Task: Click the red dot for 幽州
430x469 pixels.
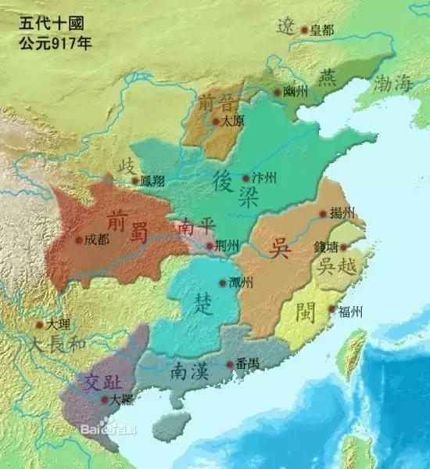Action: click(x=278, y=92)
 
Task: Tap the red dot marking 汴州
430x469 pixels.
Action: click(x=247, y=179)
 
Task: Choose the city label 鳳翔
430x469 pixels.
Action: click(x=155, y=181)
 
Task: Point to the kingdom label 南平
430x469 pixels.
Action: click(x=195, y=227)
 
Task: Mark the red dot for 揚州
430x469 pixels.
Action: click(x=323, y=213)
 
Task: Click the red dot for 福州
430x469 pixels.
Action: click(x=332, y=311)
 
